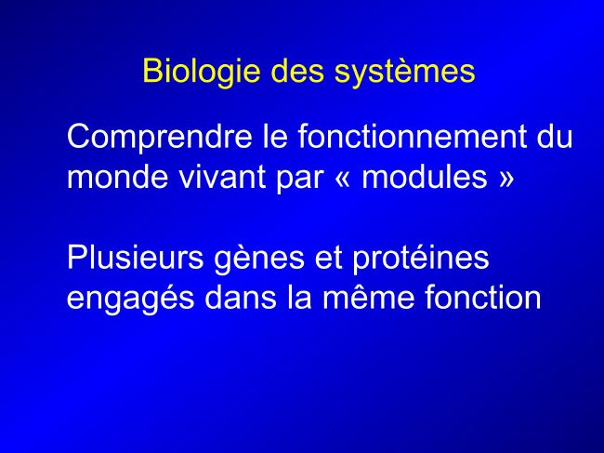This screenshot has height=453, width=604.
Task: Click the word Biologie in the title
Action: pyautogui.click(x=201, y=73)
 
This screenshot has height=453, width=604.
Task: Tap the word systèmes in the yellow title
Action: pyautogui.click(x=404, y=72)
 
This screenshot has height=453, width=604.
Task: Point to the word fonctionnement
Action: pyautogui.click(x=413, y=136)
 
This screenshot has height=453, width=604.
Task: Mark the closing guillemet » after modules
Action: pyautogui.click(x=506, y=178)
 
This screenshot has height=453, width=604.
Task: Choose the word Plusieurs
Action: pyautogui.click(x=136, y=258)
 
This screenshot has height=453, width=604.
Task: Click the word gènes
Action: pyautogui.click(x=259, y=260)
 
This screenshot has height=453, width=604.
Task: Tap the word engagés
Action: pyautogui.click(x=131, y=300)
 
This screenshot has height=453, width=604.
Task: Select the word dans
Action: pyautogui.click(x=241, y=298)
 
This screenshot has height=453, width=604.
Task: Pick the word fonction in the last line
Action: pyautogui.click(x=483, y=298)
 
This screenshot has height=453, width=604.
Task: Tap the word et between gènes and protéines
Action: pyautogui.click(x=329, y=259)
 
